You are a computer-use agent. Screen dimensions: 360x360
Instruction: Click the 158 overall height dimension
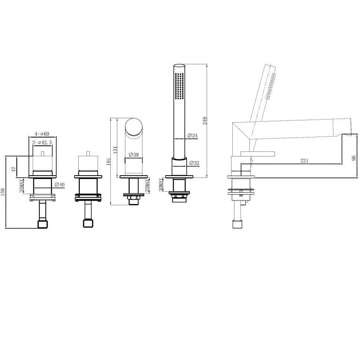[3, 192]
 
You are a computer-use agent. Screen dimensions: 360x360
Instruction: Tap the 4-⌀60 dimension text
[42, 134]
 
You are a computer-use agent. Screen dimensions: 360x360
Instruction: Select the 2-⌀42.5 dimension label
[42, 143]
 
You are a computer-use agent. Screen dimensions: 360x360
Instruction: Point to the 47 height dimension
[14, 169]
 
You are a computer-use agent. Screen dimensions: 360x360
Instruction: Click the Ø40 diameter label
[60, 184]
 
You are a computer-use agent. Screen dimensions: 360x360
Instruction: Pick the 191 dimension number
[109, 161]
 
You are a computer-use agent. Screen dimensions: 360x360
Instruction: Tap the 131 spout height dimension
[115, 150]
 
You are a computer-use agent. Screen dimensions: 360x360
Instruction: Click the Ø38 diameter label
[134, 155]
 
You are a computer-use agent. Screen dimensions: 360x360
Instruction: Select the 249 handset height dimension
[204, 121]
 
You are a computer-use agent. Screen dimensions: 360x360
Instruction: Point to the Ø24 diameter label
[192, 135]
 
